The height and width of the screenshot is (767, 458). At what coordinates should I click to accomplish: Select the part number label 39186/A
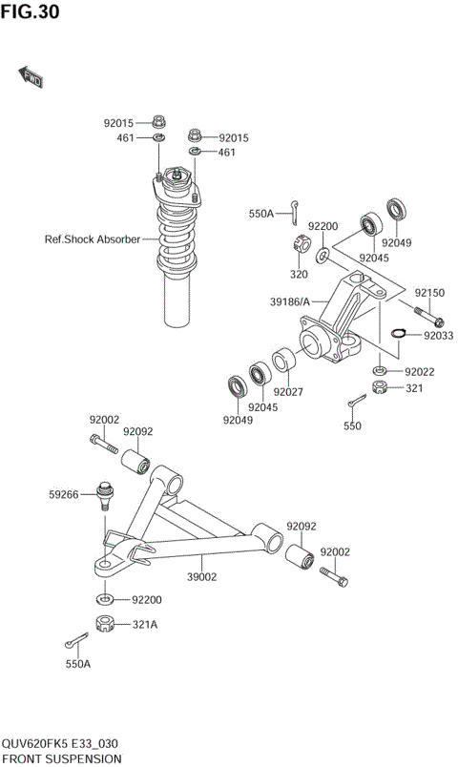(x=291, y=302)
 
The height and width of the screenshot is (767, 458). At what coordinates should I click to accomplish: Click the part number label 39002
(x=202, y=576)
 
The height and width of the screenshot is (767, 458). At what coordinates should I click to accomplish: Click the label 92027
(x=288, y=391)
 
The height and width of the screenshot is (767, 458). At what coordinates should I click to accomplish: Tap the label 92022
(x=420, y=371)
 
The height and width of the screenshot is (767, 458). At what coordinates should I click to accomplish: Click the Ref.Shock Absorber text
(x=93, y=239)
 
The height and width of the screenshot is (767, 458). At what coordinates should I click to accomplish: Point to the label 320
(x=299, y=273)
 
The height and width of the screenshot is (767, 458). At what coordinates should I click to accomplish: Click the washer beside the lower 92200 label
(x=104, y=598)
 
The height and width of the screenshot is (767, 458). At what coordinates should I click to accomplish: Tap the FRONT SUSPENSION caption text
(x=61, y=758)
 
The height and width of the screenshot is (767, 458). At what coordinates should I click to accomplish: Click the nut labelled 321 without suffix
(x=379, y=387)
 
